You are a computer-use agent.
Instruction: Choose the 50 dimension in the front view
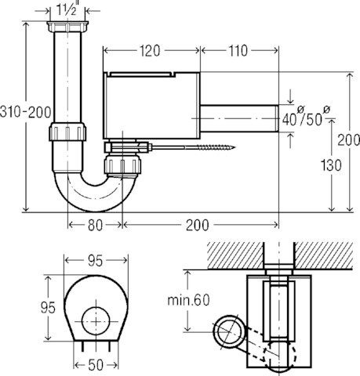click(96, 365)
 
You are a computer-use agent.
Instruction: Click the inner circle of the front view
click(96, 320)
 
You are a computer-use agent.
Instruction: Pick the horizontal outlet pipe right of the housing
click(239, 119)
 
